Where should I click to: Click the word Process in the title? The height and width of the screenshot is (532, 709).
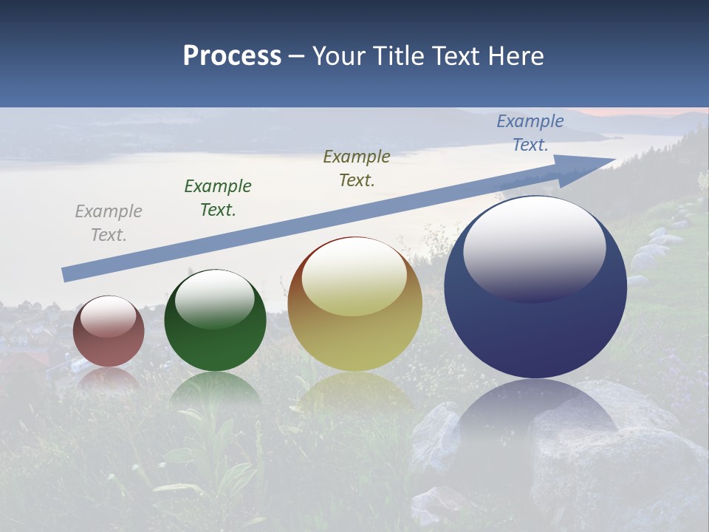(232, 56)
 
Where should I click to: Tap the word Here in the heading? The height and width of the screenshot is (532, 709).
(517, 56)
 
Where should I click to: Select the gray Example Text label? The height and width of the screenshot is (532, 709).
(109, 223)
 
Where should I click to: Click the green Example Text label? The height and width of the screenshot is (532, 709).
(218, 198)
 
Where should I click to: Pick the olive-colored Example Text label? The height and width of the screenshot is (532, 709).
(357, 168)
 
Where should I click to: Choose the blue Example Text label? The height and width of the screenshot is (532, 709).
(530, 133)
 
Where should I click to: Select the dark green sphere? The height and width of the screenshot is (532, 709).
(215, 344)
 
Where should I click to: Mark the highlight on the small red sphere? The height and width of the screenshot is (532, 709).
(108, 316)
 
